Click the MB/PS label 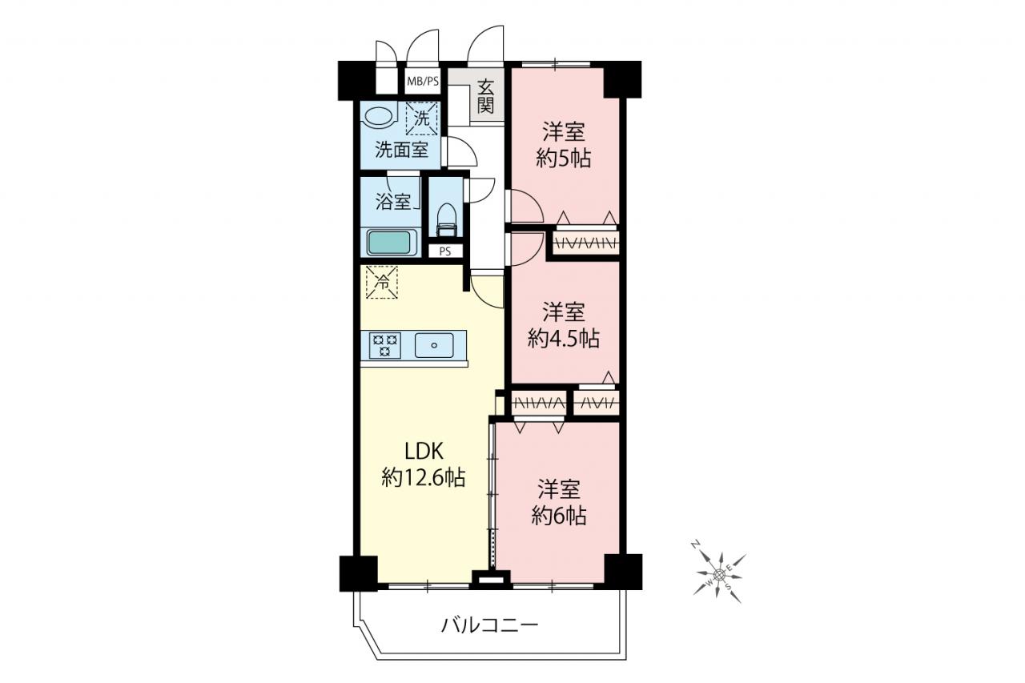[423, 82]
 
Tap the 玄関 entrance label [485, 97]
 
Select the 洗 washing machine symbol [421, 119]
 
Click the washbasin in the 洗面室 [380, 117]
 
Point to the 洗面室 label [402, 150]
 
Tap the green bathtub [389, 243]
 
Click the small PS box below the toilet [444, 251]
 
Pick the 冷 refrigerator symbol [382, 283]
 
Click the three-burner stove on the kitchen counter [385, 345]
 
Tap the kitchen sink [434, 345]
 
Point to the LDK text [424, 452]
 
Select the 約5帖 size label [563, 159]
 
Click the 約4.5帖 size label [563, 339]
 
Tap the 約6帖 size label [559, 516]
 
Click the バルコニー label [489, 625]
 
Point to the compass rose [719, 573]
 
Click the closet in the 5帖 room [585, 243]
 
